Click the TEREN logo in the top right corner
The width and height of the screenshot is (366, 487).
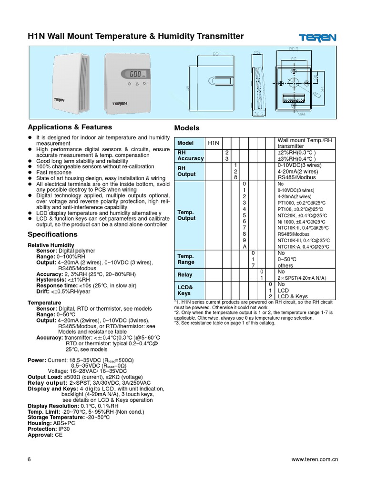[x=318, y=38]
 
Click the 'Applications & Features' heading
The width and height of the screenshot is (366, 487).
[x=70, y=127]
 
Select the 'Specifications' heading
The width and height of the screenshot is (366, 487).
[x=52, y=234]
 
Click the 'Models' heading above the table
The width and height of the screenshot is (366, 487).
[x=187, y=128]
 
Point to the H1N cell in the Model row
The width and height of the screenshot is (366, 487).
[x=212, y=143]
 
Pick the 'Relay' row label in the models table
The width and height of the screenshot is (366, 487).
[x=185, y=274]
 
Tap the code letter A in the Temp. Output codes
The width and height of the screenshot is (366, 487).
[x=244, y=246]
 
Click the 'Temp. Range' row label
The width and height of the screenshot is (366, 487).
[x=185, y=259]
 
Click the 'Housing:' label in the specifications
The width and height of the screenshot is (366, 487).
[x=40, y=423]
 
